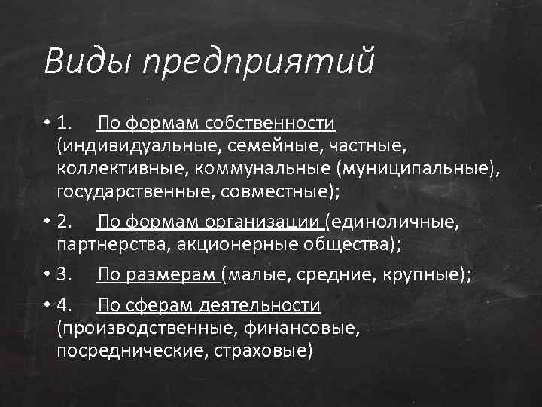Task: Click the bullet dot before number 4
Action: click(x=47, y=305)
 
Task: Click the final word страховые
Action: click(x=263, y=350)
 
